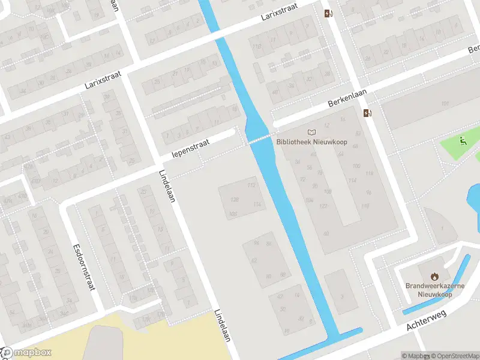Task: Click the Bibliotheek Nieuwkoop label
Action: click(310, 143)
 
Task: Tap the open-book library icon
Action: click(311, 133)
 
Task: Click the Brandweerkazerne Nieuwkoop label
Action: click(434, 290)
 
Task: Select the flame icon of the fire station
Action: click(434, 276)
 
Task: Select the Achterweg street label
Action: click(427, 323)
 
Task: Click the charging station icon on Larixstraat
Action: click(328, 13)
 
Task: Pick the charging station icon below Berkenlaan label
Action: click(367, 113)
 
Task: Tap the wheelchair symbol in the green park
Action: click(463, 142)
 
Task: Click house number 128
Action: click(235, 199)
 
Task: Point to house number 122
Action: click(324, 206)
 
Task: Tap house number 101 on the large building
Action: click(445, 104)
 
